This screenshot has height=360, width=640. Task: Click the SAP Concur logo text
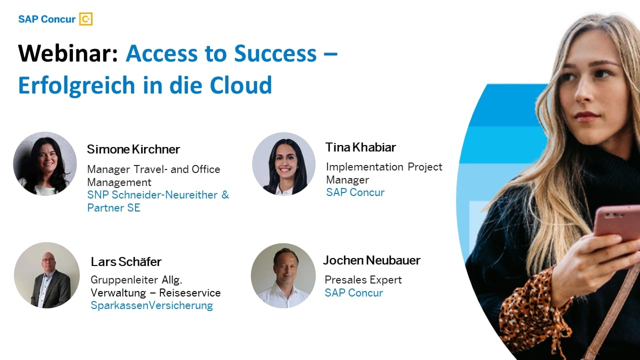(46, 19)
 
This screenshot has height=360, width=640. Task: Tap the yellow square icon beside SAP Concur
(86, 19)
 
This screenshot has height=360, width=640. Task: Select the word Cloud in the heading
(240, 85)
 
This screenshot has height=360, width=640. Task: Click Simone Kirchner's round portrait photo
(45, 163)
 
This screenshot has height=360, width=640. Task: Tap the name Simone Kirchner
(133, 149)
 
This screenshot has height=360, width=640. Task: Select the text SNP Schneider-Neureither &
(157, 195)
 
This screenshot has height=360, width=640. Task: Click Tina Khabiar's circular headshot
(283, 163)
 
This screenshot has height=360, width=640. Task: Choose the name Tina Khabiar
(360, 147)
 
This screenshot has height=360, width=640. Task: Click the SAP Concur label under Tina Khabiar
(355, 192)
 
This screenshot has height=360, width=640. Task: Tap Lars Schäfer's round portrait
(46, 275)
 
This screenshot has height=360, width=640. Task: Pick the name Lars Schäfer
(126, 261)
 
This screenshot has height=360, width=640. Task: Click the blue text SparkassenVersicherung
(151, 305)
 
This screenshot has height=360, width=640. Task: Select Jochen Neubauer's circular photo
(283, 275)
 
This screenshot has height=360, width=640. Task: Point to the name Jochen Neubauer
(371, 260)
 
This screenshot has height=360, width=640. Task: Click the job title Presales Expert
(363, 279)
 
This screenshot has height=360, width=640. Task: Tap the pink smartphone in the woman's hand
(617, 222)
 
